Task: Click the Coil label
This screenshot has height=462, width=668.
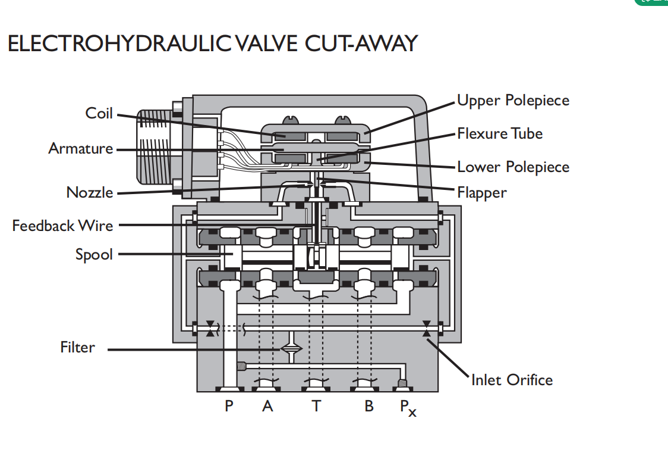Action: click(99, 113)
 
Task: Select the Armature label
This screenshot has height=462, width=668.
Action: click(80, 148)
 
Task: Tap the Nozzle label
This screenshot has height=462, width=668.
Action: click(90, 192)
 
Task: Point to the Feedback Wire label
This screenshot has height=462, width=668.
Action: click(62, 225)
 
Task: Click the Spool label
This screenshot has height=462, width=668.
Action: click(94, 255)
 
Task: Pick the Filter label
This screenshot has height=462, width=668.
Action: click(77, 347)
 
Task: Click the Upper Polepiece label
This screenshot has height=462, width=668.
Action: click(513, 101)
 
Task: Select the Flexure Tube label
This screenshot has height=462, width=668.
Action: click(500, 133)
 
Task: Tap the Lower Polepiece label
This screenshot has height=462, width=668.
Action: click(513, 167)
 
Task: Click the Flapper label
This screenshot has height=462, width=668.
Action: click(482, 193)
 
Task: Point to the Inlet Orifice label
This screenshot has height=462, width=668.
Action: click(512, 380)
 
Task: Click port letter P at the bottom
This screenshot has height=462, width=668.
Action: click(229, 405)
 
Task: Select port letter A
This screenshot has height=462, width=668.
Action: click(267, 405)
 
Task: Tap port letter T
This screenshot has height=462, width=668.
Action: click(316, 405)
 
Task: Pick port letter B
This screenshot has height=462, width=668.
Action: click(369, 405)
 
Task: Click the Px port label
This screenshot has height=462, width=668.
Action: click(408, 408)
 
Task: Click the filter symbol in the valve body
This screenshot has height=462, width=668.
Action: click(291, 348)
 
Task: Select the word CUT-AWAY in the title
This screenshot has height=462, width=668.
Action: click(361, 43)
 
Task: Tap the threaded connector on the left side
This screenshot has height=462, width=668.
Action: click(154, 146)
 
